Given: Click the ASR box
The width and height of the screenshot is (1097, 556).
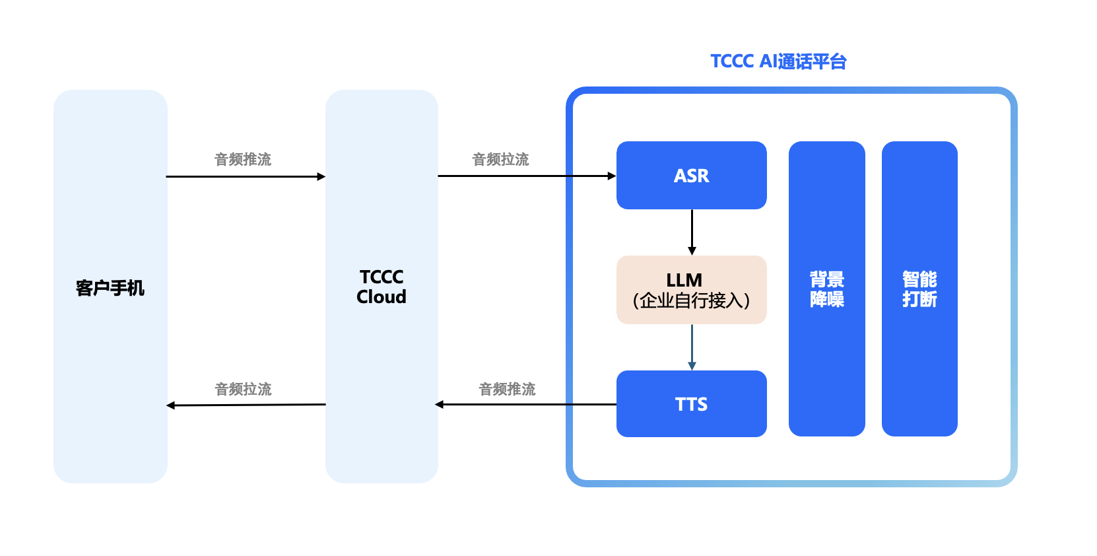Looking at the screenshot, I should point(691,176).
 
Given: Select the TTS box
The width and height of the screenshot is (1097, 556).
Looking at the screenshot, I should point(691,403).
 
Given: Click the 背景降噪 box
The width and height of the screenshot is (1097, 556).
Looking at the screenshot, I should point(826,289).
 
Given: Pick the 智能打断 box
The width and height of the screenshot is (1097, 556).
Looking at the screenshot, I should point(919,289).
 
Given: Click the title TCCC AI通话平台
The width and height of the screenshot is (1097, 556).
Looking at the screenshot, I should point(778,61).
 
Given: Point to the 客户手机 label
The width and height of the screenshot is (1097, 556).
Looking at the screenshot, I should point(110,288).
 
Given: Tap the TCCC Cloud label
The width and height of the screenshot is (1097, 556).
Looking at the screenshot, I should point(382,287).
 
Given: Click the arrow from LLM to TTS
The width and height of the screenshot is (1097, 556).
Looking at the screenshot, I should point(692,347).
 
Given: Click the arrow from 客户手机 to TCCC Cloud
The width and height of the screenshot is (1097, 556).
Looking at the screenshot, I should point(246,176).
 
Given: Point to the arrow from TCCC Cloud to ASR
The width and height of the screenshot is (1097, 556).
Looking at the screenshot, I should point(526,176).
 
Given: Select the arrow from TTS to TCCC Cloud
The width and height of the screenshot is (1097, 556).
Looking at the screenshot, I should point(526,404).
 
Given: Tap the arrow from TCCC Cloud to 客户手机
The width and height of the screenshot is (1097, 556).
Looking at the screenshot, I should point(246,405).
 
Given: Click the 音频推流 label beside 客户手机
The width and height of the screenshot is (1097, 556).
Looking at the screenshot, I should point(243,159).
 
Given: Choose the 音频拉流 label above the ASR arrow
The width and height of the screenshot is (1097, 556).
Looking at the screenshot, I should point(500,159).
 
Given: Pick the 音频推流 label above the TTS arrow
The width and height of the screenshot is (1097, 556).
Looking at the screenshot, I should point(507,389).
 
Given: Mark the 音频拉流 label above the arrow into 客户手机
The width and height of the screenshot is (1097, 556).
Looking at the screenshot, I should point(243,389).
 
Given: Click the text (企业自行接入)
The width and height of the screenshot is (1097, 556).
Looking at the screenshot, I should point(691,301).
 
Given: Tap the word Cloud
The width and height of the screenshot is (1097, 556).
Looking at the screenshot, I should point(382,297).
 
